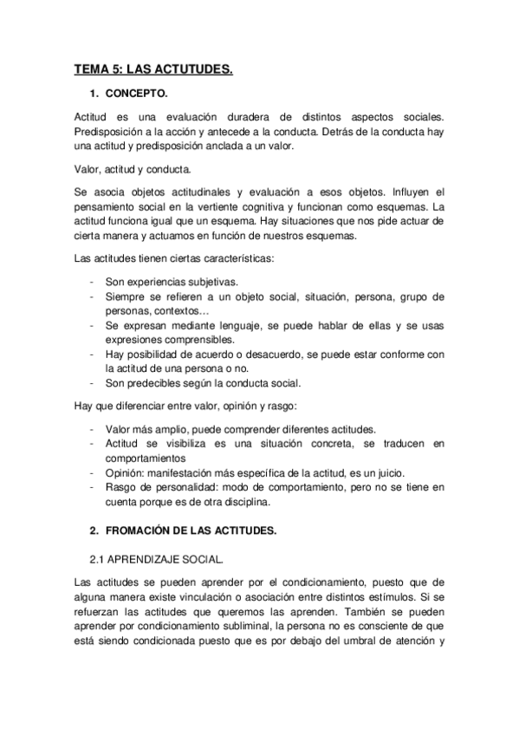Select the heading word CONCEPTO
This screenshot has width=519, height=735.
click(142, 94)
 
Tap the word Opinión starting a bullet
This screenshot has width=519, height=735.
click(125, 472)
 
